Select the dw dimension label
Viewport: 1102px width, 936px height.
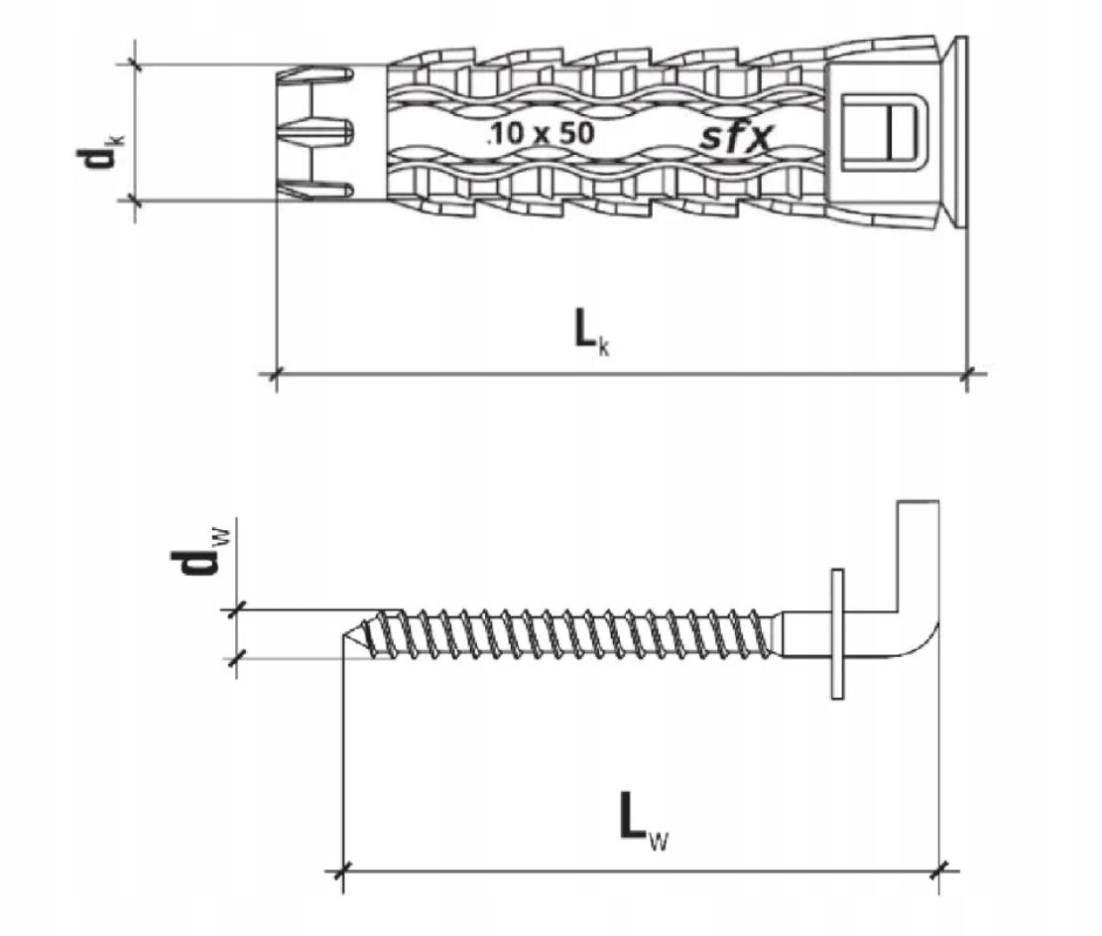pos(199,552)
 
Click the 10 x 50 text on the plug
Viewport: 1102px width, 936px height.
pos(540,132)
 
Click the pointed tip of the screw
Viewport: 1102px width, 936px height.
pos(342,635)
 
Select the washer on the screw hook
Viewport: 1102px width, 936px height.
pos(837,633)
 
